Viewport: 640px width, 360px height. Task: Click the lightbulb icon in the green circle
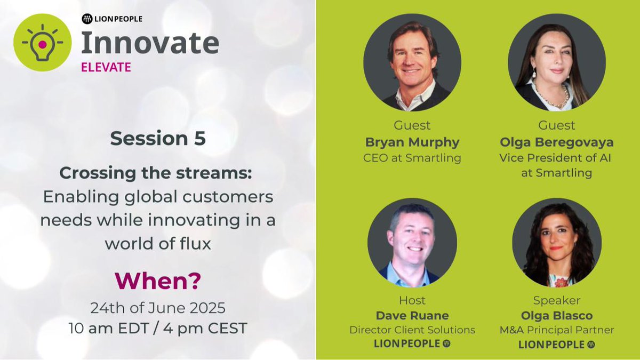(x=42, y=42)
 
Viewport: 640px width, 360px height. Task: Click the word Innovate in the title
(x=150, y=43)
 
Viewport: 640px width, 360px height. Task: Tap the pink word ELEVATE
(x=106, y=67)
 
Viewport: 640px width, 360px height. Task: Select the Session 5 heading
(x=157, y=138)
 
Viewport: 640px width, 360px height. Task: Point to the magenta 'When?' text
(x=158, y=281)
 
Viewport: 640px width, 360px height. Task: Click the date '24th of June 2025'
(x=158, y=308)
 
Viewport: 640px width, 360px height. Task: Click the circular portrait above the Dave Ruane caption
(x=412, y=243)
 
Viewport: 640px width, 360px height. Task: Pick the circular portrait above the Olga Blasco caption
(x=556, y=243)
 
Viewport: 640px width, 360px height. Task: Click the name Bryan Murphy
(x=412, y=142)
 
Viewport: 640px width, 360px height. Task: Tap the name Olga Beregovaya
(x=556, y=142)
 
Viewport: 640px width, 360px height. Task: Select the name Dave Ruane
(x=412, y=315)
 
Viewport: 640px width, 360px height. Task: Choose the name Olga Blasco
(x=556, y=315)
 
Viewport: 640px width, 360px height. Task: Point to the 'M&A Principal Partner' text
(x=556, y=330)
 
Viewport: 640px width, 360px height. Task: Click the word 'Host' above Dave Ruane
(x=412, y=300)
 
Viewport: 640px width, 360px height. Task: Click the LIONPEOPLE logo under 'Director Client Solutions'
(x=412, y=344)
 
